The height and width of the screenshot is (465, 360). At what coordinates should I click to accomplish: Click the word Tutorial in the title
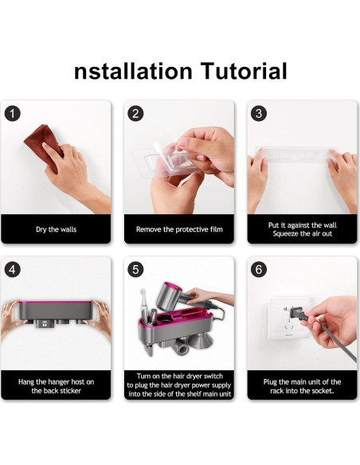244,71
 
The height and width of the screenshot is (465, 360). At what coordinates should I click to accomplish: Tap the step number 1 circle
13,114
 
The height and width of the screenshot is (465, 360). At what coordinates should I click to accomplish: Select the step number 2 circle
135,114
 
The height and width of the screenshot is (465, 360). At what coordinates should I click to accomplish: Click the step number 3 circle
259,114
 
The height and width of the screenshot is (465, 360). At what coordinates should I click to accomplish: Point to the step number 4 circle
13,270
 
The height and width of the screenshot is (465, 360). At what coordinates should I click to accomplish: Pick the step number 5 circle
135,270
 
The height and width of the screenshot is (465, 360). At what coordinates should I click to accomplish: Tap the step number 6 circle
259,270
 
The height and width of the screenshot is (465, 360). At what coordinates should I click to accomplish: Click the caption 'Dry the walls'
56,229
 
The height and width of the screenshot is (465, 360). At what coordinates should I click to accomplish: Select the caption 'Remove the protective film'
179,229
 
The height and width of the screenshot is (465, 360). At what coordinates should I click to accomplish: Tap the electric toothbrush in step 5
143,307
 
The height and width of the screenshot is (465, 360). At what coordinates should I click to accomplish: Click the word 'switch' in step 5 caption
212,376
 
